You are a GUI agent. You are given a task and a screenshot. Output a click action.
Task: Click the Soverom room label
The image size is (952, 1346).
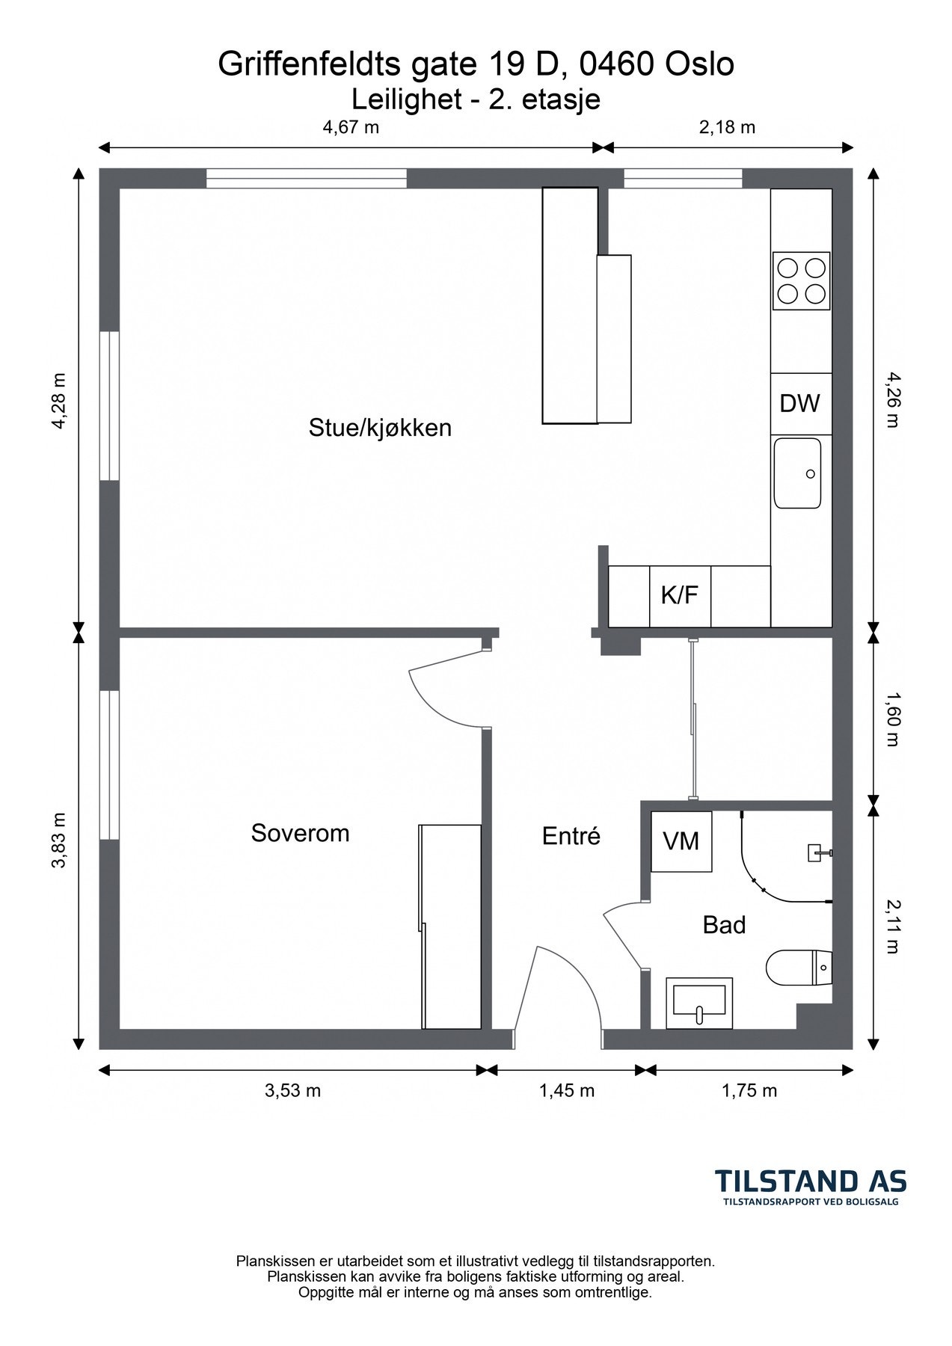click(x=300, y=833)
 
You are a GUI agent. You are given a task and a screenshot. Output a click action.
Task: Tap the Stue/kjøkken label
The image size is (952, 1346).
click(x=380, y=428)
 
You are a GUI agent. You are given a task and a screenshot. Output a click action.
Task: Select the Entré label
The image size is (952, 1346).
click(x=571, y=836)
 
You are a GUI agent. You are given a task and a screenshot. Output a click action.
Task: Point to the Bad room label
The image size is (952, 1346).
click(x=724, y=925)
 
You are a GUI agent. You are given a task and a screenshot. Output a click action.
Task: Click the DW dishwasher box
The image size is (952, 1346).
click(x=801, y=404)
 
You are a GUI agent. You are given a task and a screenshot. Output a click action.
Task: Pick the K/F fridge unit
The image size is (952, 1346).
click(x=680, y=596)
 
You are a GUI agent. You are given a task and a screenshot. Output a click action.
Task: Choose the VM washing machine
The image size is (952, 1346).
click(x=681, y=841)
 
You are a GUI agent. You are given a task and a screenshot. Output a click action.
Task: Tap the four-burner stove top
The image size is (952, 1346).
click(x=802, y=280)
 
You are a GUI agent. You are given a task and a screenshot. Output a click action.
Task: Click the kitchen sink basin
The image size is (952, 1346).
click(x=797, y=473)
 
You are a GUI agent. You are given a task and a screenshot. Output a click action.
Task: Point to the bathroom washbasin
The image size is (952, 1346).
click(x=699, y=1003)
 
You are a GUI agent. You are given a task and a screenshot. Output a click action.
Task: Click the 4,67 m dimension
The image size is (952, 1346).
click(x=351, y=127)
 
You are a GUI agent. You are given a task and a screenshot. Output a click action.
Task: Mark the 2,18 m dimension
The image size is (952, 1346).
click(x=727, y=127)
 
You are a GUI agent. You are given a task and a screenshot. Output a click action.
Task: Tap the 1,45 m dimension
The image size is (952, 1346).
click(x=566, y=1090)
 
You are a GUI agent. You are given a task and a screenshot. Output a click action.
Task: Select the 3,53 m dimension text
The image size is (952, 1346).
click(x=292, y=1090)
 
